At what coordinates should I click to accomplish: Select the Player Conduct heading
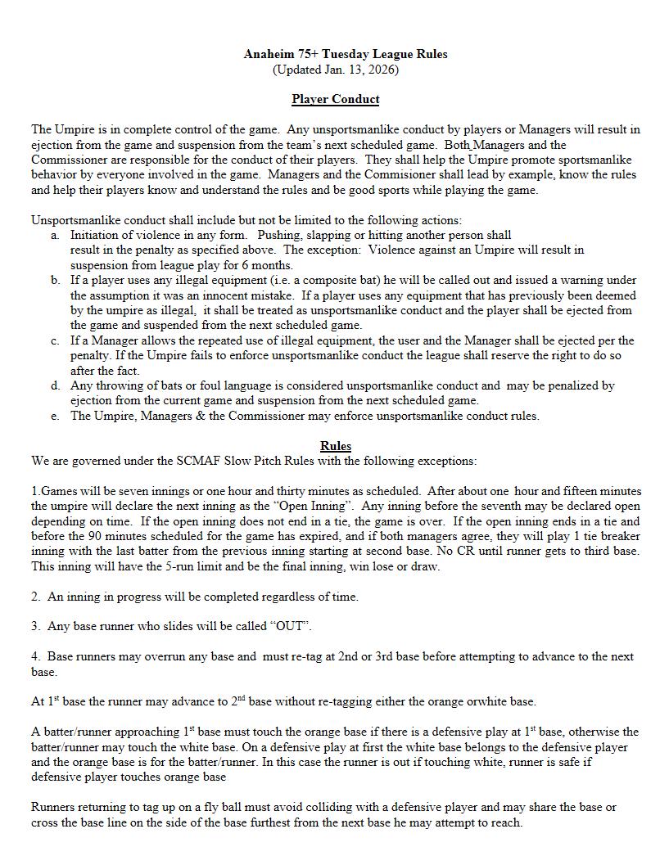[336, 99]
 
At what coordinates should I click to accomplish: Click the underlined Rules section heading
[336, 446]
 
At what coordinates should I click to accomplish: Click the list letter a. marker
[55, 235]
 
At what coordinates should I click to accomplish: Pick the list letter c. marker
[55, 340]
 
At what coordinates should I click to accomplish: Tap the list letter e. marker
[55, 416]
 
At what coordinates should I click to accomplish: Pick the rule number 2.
[36, 597]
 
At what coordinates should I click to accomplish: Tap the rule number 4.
[36, 656]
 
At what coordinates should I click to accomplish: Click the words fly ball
[223, 807]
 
